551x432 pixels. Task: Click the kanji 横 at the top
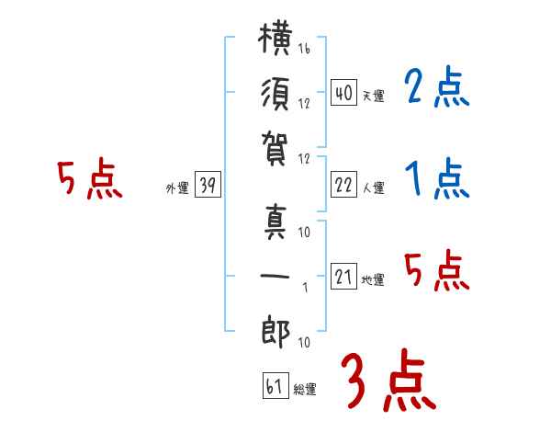point(275,39)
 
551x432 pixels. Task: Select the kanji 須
point(275,94)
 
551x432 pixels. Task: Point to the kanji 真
point(275,222)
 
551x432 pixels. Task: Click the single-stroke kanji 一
point(275,276)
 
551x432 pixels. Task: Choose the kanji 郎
point(275,332)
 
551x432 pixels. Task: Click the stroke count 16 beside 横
point(304,48)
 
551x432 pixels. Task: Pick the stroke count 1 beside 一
point(306,288)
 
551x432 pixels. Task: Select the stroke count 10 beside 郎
point(304,342)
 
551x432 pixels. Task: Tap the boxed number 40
point(343,92)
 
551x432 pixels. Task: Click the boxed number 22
point(343,184)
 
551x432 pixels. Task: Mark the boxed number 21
point(343,276)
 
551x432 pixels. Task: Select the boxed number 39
point(208,184)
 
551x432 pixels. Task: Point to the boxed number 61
point(275,385)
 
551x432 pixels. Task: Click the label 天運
point(374,96)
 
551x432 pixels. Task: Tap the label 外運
point(177,188)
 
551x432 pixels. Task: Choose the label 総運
point(305,390)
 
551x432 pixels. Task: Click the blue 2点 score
point(436,86)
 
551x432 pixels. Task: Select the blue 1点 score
point(436,178)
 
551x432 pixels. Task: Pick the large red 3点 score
point(388,380)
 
